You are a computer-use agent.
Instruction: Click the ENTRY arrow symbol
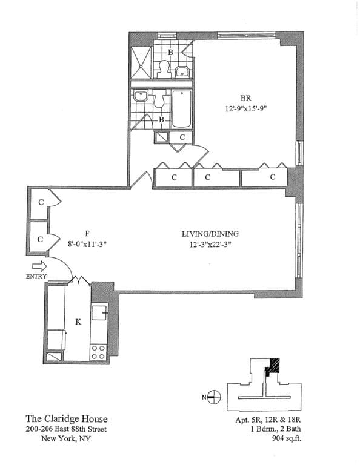pyautogui.click(x=38, y=266)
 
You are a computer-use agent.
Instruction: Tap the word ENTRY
pyautogui.click(x=36, y=277)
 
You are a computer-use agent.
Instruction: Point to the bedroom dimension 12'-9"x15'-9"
pyautogui.click(x=245, y=110)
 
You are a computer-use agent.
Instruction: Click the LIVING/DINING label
pyautogui.click(x=210, y=233)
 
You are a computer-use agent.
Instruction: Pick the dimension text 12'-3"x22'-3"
pyautogui.click(x=210, y=245)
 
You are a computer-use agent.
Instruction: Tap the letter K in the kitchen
pyautogui.click(x=78, y=322)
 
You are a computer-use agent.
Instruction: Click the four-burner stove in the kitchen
pyautogui.click(x=98, y=352)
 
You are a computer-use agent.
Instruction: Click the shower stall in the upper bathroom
pyautogui.click(x=142, y=61)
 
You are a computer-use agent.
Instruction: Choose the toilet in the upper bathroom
pyautogui.click(x=164, y=68)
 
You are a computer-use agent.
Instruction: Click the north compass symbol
pyautogui.click(x=214, y=398)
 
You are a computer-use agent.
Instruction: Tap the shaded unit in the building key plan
pyautogui.click(x=275, y=366)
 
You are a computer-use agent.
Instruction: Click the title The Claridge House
pyautogui.click(x=67, y=418)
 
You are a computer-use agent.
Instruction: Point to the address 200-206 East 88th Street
pyautogui.click(x=67, y=429)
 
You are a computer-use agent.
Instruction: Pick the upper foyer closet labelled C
pyautogui.click(x=41, y=202)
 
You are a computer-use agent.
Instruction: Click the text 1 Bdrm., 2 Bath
pyautogui.click(x=275, y=429)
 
